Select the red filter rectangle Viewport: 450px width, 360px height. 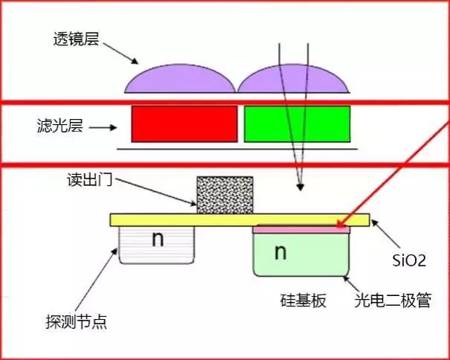coord(184,123)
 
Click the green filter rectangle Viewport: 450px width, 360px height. coord(297,123)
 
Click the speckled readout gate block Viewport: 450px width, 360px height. coord(224,195)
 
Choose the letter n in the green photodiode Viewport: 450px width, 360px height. coord(280,252)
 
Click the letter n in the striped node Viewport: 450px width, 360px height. coord(157,240)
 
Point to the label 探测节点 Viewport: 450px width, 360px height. coord(76,322)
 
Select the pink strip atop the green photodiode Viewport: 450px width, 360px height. coord(301,230)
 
